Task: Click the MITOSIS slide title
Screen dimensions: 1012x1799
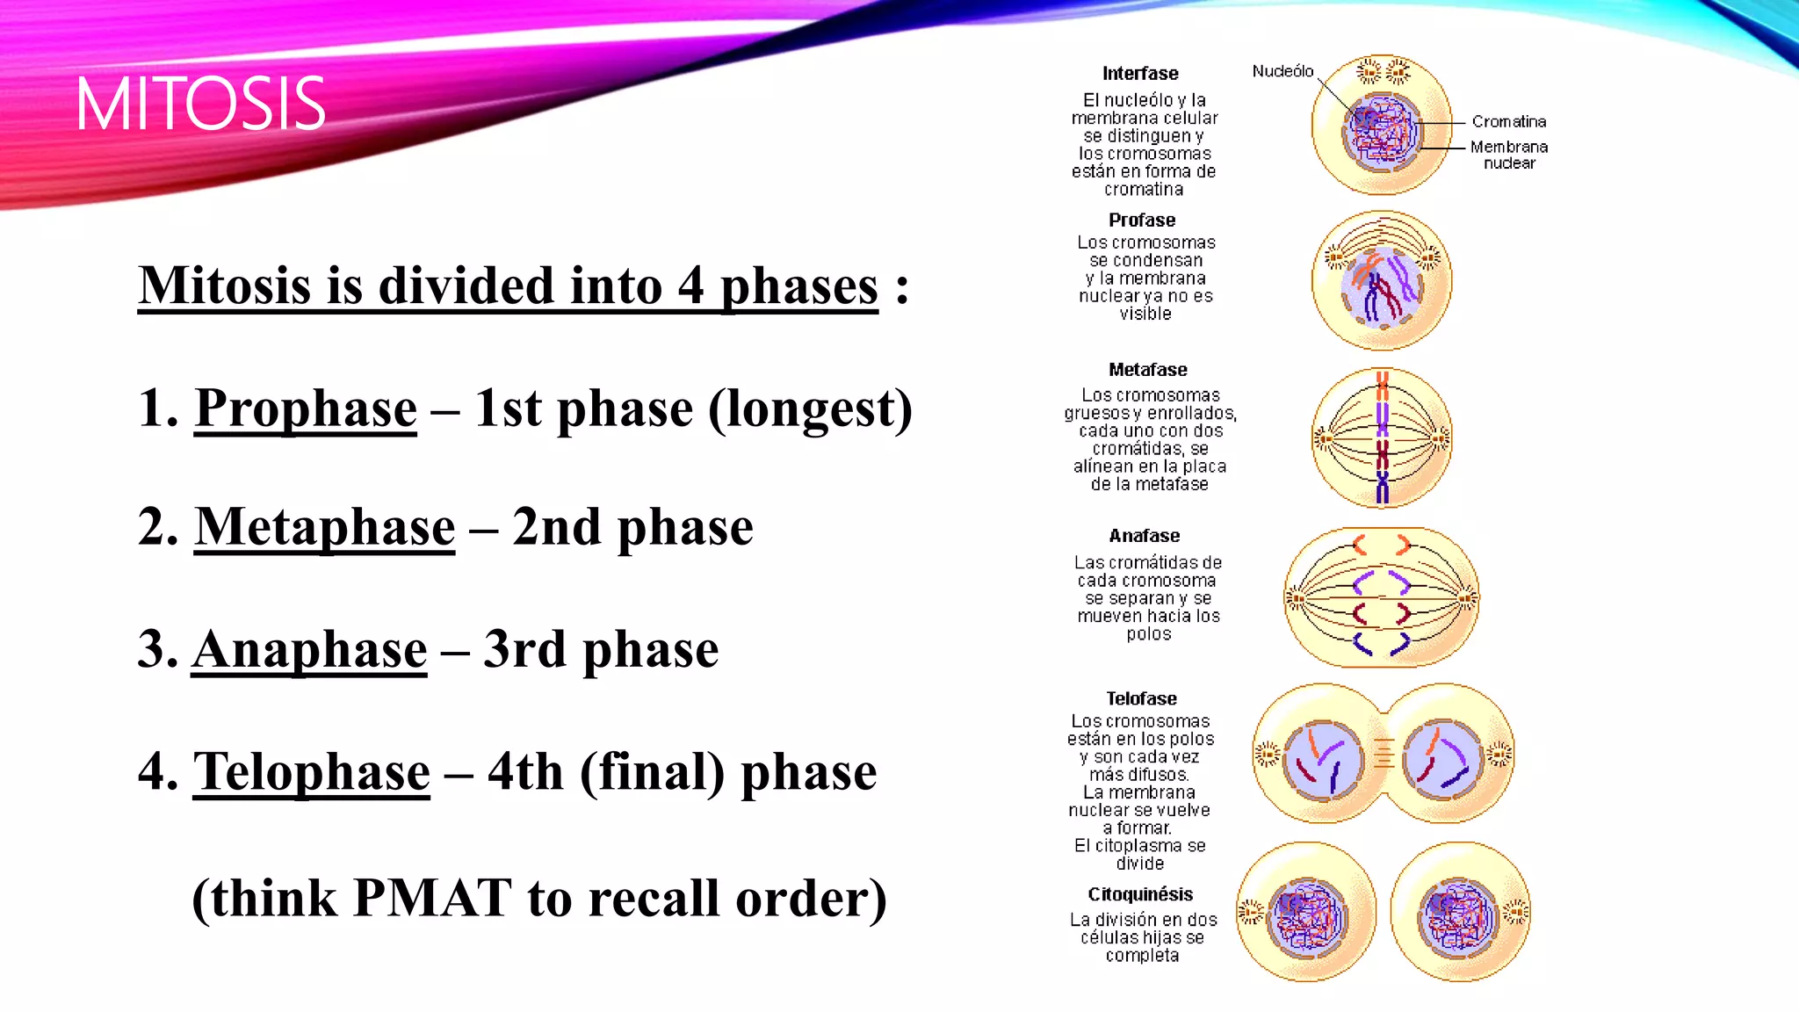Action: (200, 105)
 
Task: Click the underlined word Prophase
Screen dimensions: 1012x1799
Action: (305, 408)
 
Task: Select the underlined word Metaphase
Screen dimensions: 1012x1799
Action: (324, 527)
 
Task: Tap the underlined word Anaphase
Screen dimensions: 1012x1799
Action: (309, 650)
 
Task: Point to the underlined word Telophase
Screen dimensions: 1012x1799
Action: (311, 772)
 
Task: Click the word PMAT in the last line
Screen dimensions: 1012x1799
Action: (432, 899)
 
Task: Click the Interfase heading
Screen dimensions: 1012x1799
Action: (1140, 74)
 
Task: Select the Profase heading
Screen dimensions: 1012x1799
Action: (1141, 220)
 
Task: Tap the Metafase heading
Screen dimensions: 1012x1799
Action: (1147, 370)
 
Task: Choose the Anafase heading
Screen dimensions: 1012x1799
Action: (1144, 536)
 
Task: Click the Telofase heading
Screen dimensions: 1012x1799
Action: (1141, 699)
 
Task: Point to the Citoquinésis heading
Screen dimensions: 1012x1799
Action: (1140, 894)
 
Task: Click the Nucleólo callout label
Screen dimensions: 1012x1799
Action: (1282, 71)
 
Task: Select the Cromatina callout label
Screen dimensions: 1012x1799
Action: (1508, 121)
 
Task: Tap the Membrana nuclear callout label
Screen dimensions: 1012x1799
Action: (1508, 155)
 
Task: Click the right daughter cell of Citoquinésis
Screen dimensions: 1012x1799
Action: (1460, 912)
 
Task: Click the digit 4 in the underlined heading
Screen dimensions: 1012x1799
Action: (690, 286)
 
